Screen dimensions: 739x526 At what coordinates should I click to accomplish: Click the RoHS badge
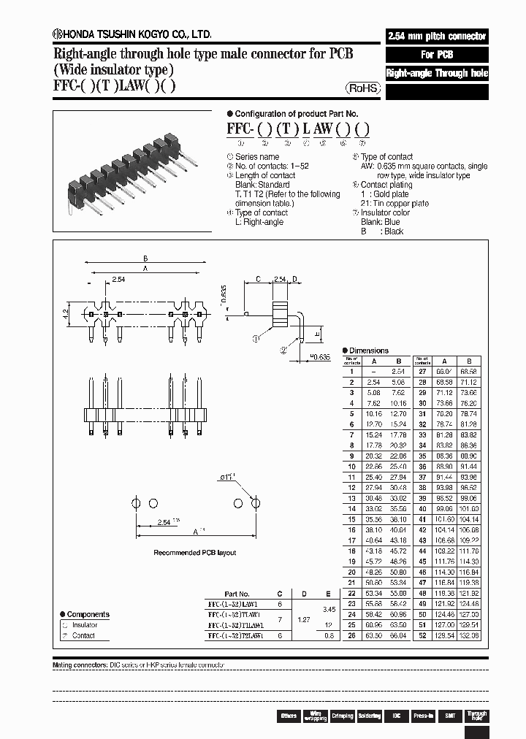pyautogui.click(x=363, y=88)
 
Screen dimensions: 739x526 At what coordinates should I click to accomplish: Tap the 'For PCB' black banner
pyautogui.click(x=437, y=55)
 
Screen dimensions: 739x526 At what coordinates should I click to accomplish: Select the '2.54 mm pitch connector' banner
pyautogui.click(x=437, y=36)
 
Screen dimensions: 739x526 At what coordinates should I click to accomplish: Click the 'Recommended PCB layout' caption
pyautogui.click(x=194, y=553)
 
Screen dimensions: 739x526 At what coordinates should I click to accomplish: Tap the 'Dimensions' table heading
pyautogui.click(x=369, y=351)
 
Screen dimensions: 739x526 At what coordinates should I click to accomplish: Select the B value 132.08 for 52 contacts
pyautogui.click(x=469, y=636)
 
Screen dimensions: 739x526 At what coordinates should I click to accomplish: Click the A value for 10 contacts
pyautogui.click(x=373, y=466)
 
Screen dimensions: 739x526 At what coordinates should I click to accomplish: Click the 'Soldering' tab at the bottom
pyautogui.click(x=369, y=716)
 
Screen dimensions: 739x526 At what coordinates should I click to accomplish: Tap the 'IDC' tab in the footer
pyautogui.click(x=396, y=716)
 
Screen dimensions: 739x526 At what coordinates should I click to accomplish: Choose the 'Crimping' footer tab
pyautogui.click(x=342, y=716)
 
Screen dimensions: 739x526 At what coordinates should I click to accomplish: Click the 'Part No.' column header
pyautogui.click(x=237, y=594)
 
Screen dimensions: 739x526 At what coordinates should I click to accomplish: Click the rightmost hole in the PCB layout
pyautogui.click(x=256, y=503)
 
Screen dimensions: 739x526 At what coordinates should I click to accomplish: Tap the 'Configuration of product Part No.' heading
pyautogui.click(x=296, y=114)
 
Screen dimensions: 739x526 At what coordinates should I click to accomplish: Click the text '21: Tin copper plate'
pyautogui.click(x=394, y=204)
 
